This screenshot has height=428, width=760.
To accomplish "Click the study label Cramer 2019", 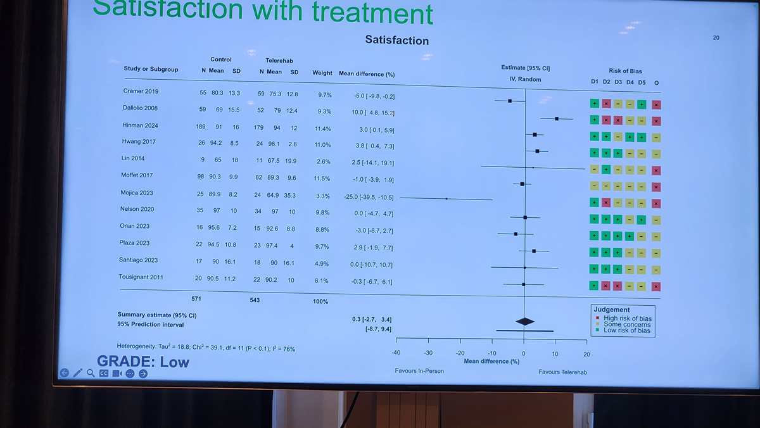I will coord(141,91).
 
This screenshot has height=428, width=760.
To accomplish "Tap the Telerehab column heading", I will coord(279,61).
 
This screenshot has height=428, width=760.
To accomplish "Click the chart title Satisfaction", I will coord(397,41).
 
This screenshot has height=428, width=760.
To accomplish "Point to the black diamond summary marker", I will coord(525,321).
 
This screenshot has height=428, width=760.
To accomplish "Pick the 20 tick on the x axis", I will coord(586,354).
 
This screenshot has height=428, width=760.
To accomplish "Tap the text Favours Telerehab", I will coord(562,372).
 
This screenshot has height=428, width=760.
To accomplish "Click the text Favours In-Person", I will coord(419,370).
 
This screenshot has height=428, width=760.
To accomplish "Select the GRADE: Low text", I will coord(143,362).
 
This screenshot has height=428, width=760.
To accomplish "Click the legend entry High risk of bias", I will coord(627,318).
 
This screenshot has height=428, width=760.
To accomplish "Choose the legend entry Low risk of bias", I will coord(627,330).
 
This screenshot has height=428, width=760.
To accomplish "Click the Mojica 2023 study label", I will coord(137,192).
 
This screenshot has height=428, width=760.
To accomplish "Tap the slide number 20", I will coord(716,38).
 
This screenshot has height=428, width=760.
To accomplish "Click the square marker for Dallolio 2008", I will coord(557,118).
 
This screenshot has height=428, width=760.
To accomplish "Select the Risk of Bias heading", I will coord(625,71).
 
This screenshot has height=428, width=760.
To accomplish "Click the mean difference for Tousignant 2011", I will coord(373,282).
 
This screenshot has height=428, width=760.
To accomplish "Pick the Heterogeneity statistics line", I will coord(206,348).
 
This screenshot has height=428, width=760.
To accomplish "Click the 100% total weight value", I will coord(320,301).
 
